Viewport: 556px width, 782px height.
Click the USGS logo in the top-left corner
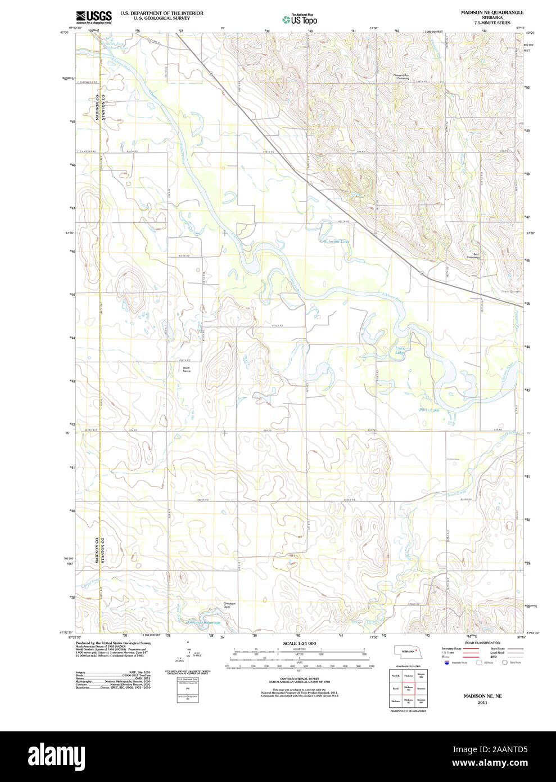[x=94, y=17]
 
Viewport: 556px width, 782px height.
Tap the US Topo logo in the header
[x=300, y=19]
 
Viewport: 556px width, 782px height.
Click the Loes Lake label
[x=400, y=350]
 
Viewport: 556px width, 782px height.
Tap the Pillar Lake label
[x=429, y=410]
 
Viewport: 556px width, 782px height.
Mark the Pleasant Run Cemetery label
[x=401, y=77]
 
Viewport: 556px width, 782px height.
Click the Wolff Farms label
[x=186, y=370]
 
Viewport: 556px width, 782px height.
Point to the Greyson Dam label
[x=227, y=605]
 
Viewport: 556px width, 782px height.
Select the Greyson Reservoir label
[x=204, y=622]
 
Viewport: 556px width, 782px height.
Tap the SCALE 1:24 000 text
[x=299, y=644]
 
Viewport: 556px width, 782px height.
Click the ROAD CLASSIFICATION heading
[x=482, y=642]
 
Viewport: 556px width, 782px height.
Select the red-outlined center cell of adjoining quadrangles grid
[x=408, y=687]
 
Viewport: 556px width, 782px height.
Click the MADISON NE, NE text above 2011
[x=482, y=696]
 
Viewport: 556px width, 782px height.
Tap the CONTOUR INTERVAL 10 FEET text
[x=299, y=679]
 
